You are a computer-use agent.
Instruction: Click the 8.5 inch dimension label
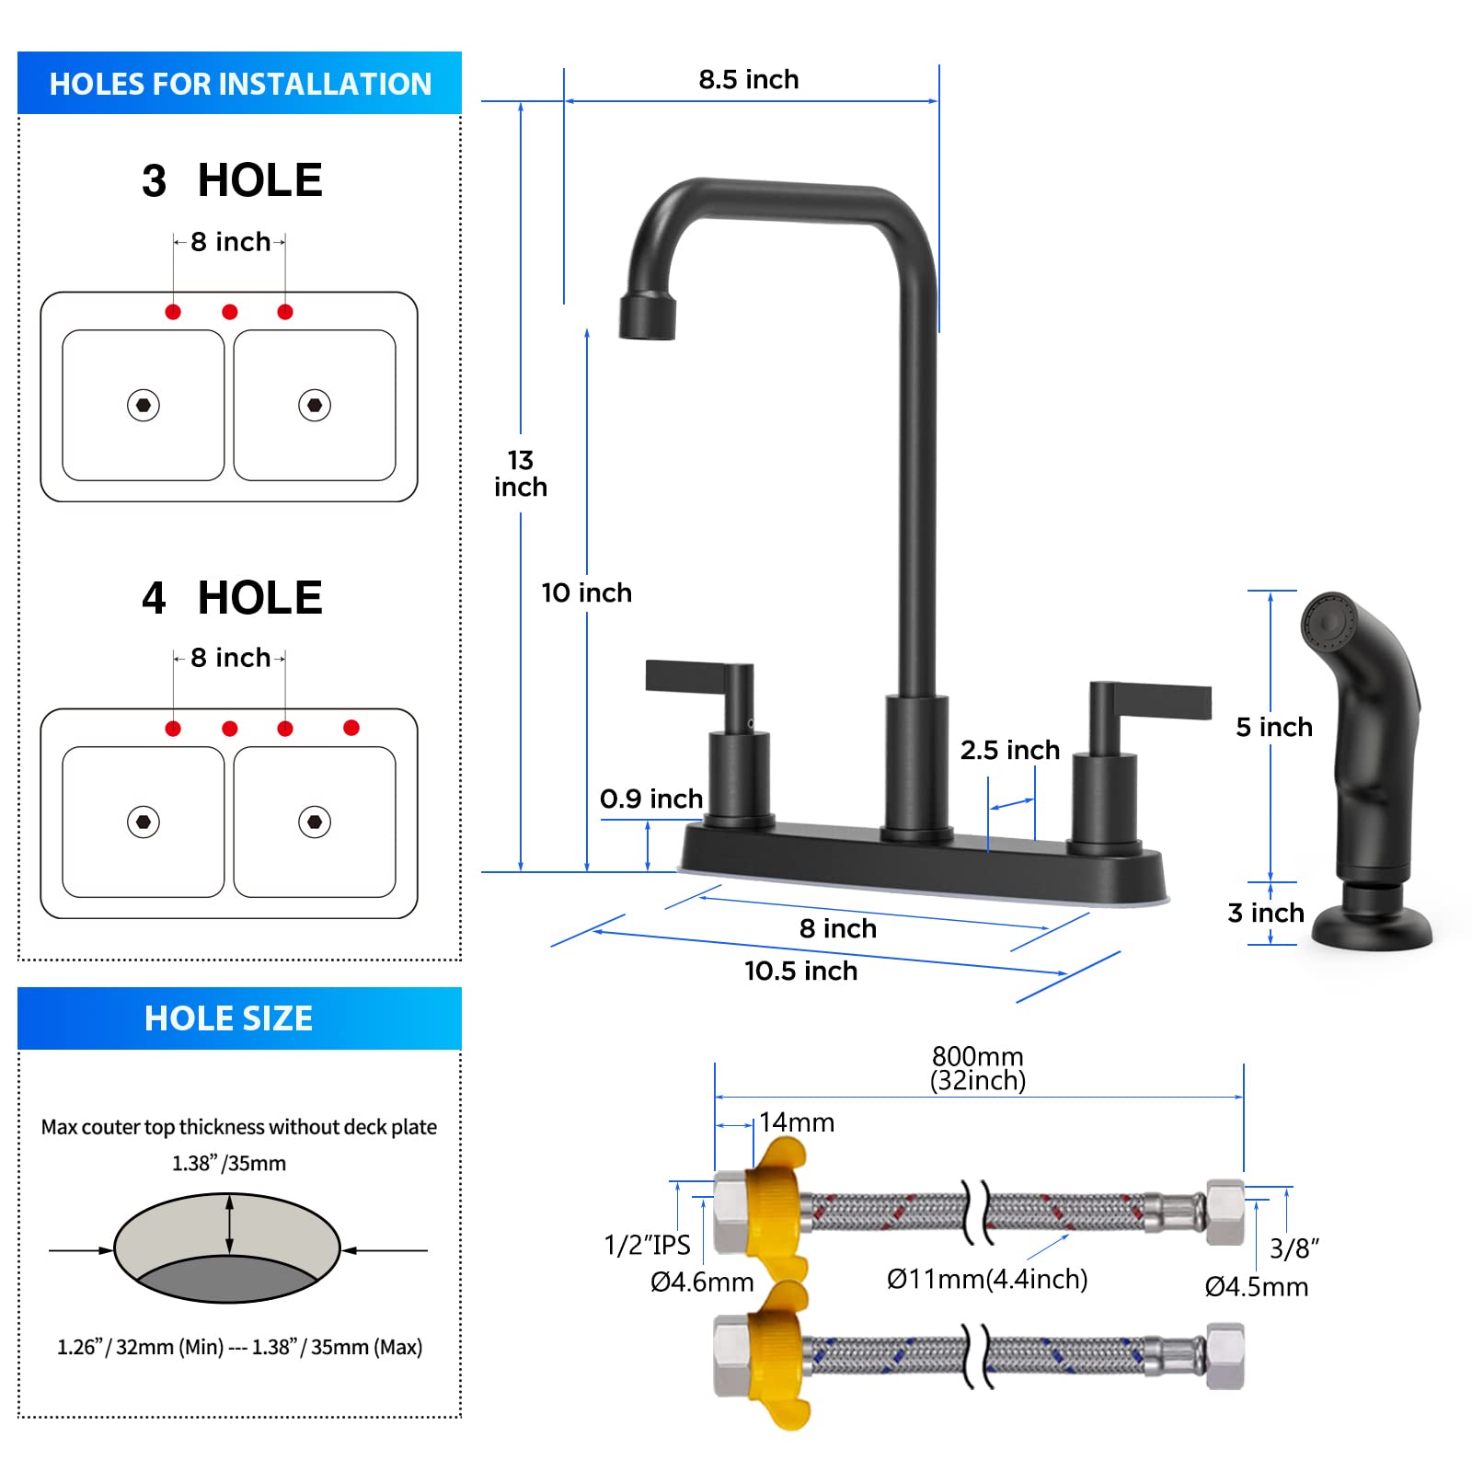(x=748, y=80)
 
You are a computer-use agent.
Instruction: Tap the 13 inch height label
(x=521, y=473)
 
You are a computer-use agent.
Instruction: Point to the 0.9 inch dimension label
(x=651, y=799)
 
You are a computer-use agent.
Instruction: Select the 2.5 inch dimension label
(x=1010, y=750)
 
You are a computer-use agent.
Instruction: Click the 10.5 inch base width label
(x=800, y=971)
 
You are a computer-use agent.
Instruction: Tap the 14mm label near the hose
(x=797, y=1122)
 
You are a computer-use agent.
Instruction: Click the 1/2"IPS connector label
(x=647, y=1245)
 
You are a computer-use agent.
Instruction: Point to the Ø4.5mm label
(x=1257, y=1286)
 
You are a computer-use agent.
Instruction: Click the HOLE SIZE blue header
(x=239, y=1018)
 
